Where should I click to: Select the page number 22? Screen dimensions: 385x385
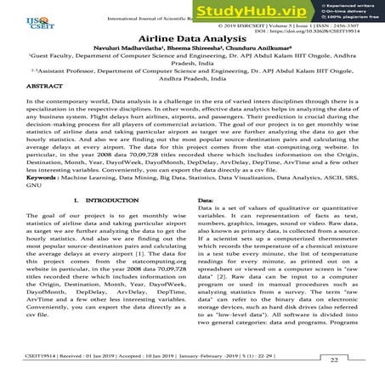pos(334,360)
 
